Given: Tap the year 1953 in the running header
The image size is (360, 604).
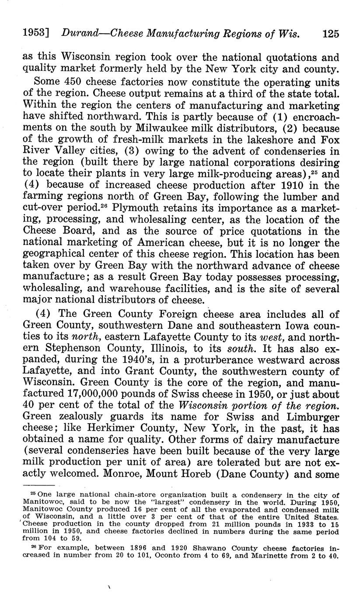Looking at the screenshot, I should point(34,33).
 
